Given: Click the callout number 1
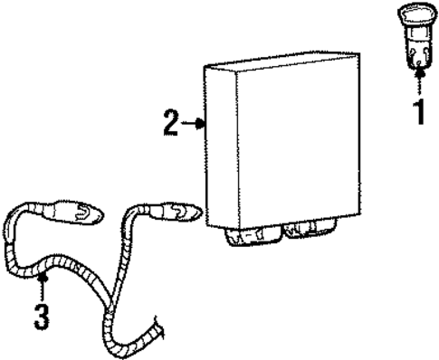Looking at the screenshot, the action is [419, 112].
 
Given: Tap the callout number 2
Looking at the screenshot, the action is [171, 123].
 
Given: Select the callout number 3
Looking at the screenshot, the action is [42, 317].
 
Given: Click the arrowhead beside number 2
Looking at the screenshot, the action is [200, 123].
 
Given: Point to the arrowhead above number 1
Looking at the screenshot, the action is [419, 72].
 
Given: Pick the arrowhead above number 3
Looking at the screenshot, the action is [43, 277].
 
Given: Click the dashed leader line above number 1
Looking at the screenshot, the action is [419, 87].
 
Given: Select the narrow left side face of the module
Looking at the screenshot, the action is [221, 147].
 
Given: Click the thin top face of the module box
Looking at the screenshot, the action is [282, 62].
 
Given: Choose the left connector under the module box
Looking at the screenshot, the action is [253, 236].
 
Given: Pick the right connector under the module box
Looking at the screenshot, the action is [310, 229].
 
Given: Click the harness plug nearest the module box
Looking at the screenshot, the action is [175, 212].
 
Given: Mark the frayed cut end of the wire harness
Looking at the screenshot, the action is [159, 327].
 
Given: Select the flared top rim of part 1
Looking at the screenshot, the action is [417, 14].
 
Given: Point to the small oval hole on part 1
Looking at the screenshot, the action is [419, 63].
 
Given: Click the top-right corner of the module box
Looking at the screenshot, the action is [359, 53].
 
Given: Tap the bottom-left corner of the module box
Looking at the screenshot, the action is [206, 225].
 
